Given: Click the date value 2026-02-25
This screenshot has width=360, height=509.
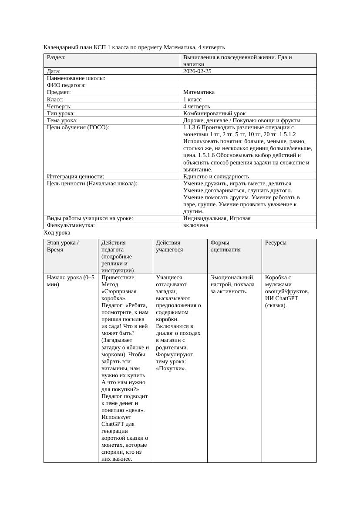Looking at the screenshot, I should coord(197,71).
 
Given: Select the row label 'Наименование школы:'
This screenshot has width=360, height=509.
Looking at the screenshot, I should coord(76,78).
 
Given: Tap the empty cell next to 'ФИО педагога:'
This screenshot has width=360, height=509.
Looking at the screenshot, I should coord(248,85).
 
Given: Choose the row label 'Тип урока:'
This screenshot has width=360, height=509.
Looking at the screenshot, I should coord(61,113).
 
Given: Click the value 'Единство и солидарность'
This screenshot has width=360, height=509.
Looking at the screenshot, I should coord(216,176).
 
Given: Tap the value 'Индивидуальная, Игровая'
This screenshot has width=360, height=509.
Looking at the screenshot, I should coord(217,218).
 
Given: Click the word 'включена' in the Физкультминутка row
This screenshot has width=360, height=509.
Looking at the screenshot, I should coord(195,225).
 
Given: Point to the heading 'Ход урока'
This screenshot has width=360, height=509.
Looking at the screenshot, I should coord(57,233).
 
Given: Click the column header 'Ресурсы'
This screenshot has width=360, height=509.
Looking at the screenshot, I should coord(276,242).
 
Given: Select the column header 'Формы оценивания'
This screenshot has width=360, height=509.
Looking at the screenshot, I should coord(225,246).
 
